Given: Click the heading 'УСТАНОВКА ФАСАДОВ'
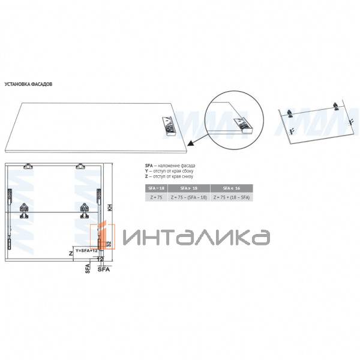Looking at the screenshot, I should pos(28,85).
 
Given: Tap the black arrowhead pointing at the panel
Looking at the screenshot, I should pos(190,142).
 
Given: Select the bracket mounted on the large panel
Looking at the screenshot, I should pos(167,124).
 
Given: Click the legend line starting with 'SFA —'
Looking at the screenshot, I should pos(170,165).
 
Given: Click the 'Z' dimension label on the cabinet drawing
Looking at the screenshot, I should pos(70,254).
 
